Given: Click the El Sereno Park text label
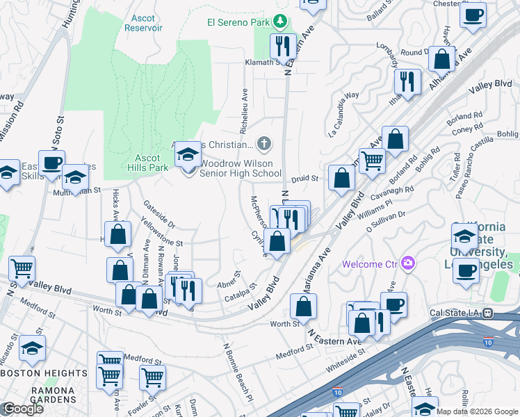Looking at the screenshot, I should tap(239, 22).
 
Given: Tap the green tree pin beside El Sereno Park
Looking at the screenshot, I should tap(280, 22).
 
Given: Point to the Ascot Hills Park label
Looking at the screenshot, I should tap(148, 163).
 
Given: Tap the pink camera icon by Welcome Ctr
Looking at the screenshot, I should tap(409, 263).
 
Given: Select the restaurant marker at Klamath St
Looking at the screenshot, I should tap(283, 47).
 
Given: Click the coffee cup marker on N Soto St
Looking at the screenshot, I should tap(51, 163).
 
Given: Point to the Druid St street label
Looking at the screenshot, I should tap(304, 179).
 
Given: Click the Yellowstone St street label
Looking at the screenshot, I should tap(161, 233).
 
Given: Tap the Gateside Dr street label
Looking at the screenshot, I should tap(159, 215).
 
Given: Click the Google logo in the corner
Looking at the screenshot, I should tap(23, 409).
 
